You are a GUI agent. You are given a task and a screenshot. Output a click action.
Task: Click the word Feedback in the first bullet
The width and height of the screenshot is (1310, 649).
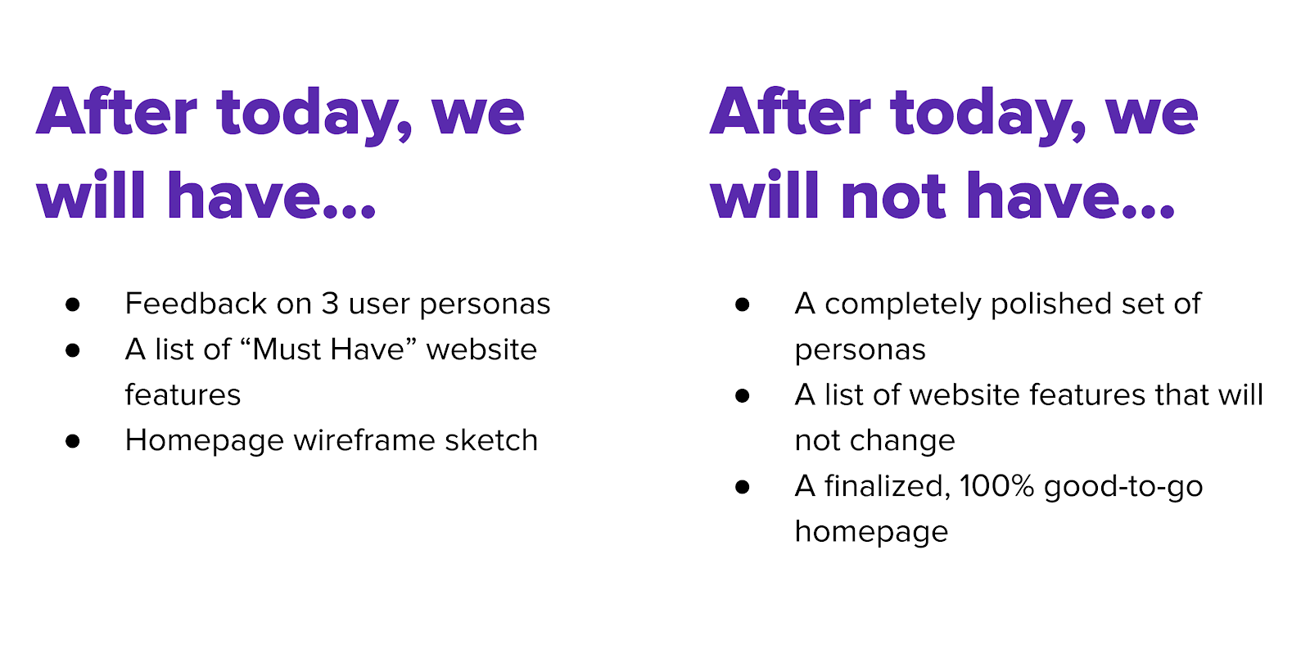click(x=196, y=304)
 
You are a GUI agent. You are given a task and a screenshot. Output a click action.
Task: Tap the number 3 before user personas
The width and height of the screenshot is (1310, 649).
click(x=330, y=304)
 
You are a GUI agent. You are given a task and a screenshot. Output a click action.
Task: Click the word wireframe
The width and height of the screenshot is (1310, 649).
click(x=364, y=440)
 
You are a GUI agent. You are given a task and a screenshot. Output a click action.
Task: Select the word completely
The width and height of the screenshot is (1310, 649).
click(x=902, y=304)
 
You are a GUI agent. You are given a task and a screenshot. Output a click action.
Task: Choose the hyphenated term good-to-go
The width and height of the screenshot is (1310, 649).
click(x=1123, y=487)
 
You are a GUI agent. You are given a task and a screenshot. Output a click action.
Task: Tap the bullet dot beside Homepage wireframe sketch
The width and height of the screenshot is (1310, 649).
click(x=73, y=441)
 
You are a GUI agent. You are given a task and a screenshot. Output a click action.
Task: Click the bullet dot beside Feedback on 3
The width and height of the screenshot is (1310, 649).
click(x=73, y=304)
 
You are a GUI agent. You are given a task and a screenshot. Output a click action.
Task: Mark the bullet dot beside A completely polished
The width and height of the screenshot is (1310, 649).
click(x=742, y=304)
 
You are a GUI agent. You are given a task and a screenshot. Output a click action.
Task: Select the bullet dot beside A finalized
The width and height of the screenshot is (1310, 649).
click(x=742, y=487)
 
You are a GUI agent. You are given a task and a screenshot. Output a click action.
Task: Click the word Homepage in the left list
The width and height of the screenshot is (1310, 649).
click(x=204, y=441)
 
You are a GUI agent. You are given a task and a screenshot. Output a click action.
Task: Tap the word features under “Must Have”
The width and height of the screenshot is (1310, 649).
click(x=183, y=394)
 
